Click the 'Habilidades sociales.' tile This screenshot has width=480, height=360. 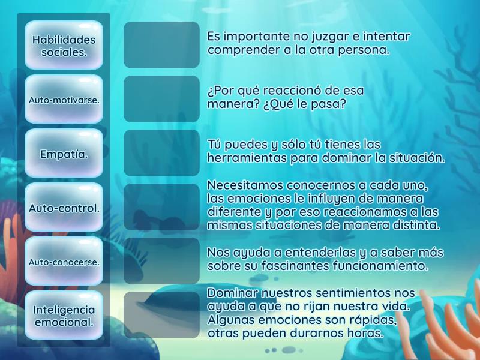(64, 45)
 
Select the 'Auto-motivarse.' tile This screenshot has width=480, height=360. (64, 99)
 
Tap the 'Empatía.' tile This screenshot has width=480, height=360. (64, 154)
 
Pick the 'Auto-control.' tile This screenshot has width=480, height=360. (64, 208)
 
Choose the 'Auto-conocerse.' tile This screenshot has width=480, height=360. (64, 262)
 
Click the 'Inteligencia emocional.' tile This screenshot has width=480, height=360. (64, 316)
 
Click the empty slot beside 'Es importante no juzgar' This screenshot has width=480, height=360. (161, 45)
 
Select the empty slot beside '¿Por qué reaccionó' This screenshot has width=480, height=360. (161, 99)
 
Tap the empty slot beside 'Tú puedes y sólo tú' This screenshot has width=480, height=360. (161, 153)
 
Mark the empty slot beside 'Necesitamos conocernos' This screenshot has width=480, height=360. (161, 207)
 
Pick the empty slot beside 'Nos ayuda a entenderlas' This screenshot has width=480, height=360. (161, 261)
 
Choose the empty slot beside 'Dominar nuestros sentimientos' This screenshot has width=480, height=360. (161, 315)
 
